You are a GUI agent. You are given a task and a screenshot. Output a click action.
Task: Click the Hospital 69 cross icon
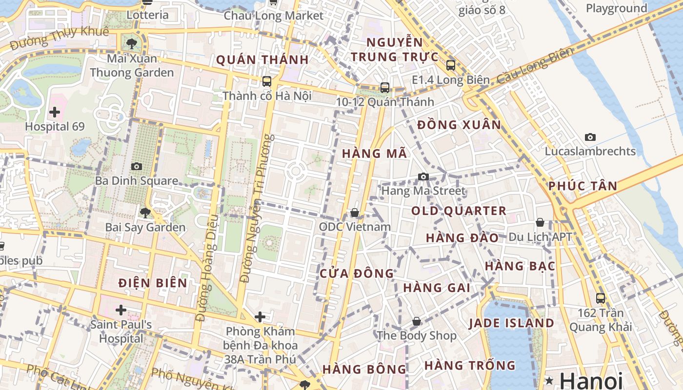click(x=55, y=113)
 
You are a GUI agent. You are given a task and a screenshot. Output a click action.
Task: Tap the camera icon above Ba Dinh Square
click(x=137, y=167)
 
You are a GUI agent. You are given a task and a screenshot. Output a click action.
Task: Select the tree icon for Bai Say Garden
click(x=145, y=213)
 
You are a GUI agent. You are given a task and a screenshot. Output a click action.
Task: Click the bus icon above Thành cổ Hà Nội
click(x=266, y=81)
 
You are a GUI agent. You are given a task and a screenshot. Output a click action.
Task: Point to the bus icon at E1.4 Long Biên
click(x=451, y=65)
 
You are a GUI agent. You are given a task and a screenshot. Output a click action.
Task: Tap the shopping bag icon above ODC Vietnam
click(x=355, y=213)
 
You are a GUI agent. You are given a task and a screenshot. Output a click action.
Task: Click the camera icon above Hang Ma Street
click(x=423, y=176)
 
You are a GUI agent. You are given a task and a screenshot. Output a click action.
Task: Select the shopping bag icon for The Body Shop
click(x=416, y=321)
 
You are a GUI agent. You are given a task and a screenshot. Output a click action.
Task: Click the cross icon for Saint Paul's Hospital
click(x=121, y=310)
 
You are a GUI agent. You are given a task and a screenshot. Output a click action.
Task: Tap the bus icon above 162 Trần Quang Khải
click(x=601, y=298)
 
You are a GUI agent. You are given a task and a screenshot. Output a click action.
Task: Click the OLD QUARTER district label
click(x=459, y=211)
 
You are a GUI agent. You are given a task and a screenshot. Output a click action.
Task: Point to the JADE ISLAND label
click(x=511, y=323)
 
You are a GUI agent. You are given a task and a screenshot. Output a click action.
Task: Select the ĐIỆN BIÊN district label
click(x=153, y=283)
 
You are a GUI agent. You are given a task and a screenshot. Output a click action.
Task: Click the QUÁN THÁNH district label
click(x=262, y=60)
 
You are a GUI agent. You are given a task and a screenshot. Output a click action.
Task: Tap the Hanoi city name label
click(x=591, y=380)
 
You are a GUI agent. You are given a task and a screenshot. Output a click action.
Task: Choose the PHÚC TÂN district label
click(x=583, y=186)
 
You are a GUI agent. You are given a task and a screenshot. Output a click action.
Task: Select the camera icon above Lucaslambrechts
click(x=590, y=137)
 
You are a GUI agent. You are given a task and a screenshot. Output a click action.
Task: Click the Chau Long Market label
click(x=273, y=16)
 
